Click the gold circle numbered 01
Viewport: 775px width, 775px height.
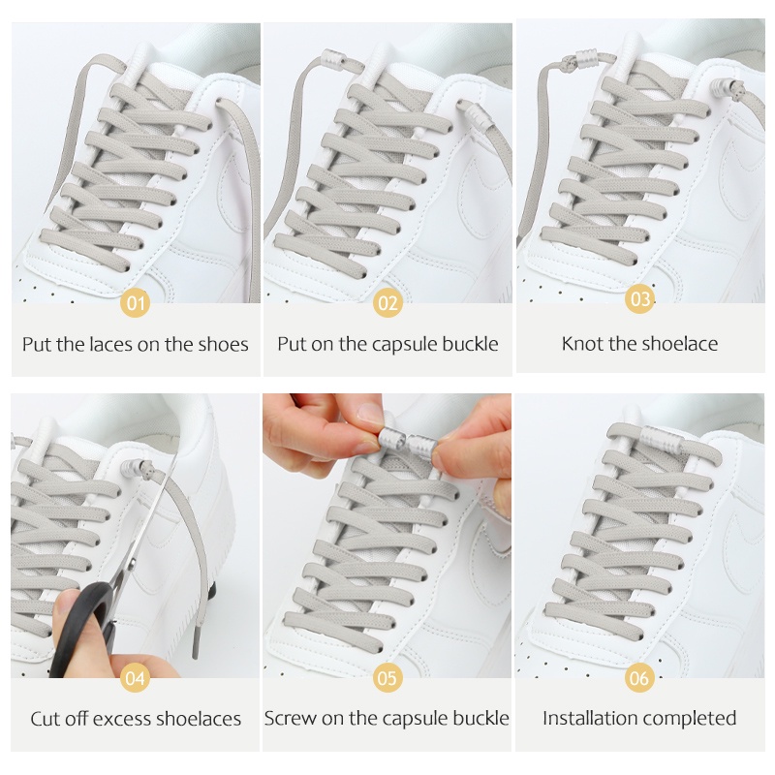(x=136, y=302)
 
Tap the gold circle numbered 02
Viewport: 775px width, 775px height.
(x=388, y=302)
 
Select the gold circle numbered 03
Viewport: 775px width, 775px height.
(x=640, y=298)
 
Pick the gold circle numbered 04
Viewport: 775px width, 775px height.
(x=136, y=677)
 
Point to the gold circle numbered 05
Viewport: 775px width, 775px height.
(x=387, y=677)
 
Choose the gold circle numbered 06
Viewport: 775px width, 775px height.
(x=639, y=677)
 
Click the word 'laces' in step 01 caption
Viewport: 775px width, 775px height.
(x=111, y=345)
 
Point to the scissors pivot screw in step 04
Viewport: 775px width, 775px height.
(x=132, y=565)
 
